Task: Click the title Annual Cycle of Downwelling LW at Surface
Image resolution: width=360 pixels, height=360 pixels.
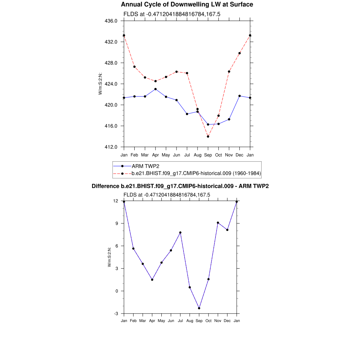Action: (187, 5)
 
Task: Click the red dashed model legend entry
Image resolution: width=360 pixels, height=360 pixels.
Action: (196, 173)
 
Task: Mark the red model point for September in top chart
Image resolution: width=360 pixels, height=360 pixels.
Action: (208, 136)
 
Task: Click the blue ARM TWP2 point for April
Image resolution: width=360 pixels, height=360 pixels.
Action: (155, 89)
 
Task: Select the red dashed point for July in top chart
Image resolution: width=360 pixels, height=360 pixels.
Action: (187, 73)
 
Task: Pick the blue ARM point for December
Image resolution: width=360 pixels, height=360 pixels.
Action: (239, 96)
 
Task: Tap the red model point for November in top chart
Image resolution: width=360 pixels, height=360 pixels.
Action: (229, 71)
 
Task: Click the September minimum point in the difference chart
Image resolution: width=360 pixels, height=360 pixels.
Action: (199, 308)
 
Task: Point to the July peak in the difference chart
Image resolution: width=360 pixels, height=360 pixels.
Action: (180, 232)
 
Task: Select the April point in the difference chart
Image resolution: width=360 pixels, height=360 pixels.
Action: (152, 280)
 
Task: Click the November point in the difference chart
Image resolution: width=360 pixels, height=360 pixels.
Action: (218, 223)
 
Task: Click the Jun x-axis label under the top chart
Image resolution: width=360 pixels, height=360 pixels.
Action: (176, 155)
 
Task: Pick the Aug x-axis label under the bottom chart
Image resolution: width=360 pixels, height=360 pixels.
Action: (190, 321)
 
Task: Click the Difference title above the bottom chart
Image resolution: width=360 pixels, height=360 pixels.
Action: (180, 186)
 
